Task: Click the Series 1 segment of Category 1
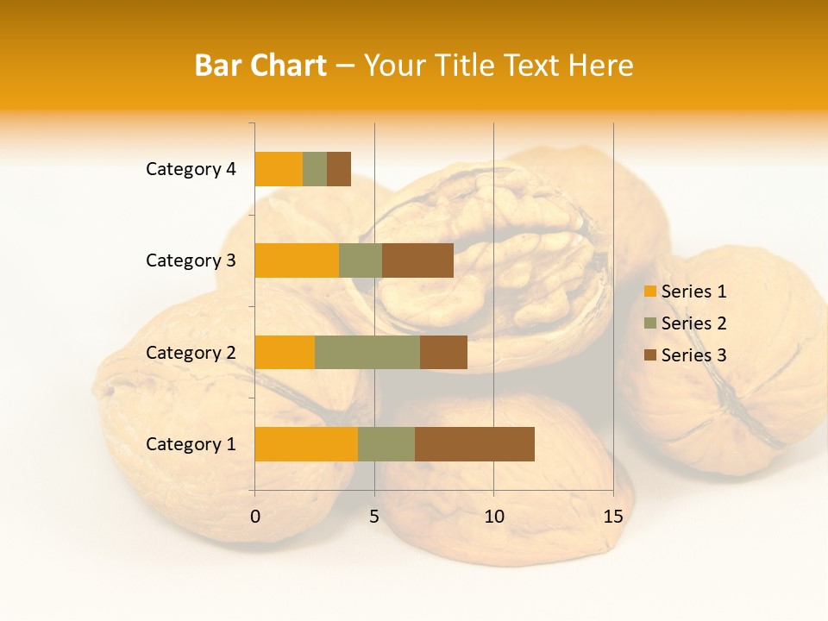tap(306, 444)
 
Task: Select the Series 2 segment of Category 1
tap(386, 444)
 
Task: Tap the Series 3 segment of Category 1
tap(474, 444)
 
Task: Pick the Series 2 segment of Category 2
tap(367, 352)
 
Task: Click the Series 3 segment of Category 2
tap(443, 352)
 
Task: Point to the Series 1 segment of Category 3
tap(297, 260)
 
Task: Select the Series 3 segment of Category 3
tap(417, 260)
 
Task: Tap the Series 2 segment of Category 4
tap(315, 169)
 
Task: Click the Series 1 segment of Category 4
tap(279, 169)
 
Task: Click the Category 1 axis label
tap(191, 444)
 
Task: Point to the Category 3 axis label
tap(191, 260)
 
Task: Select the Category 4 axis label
tap(191, 169)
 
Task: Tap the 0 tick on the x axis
tap(255, 517)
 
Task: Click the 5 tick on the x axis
tap(374, 517)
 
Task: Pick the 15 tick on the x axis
tap(612, 517)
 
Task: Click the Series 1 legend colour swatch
tap(649, 292)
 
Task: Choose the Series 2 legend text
tap(693, 323)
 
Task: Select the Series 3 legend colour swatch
tap(649, 355)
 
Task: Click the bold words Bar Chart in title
tap(260, 66)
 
